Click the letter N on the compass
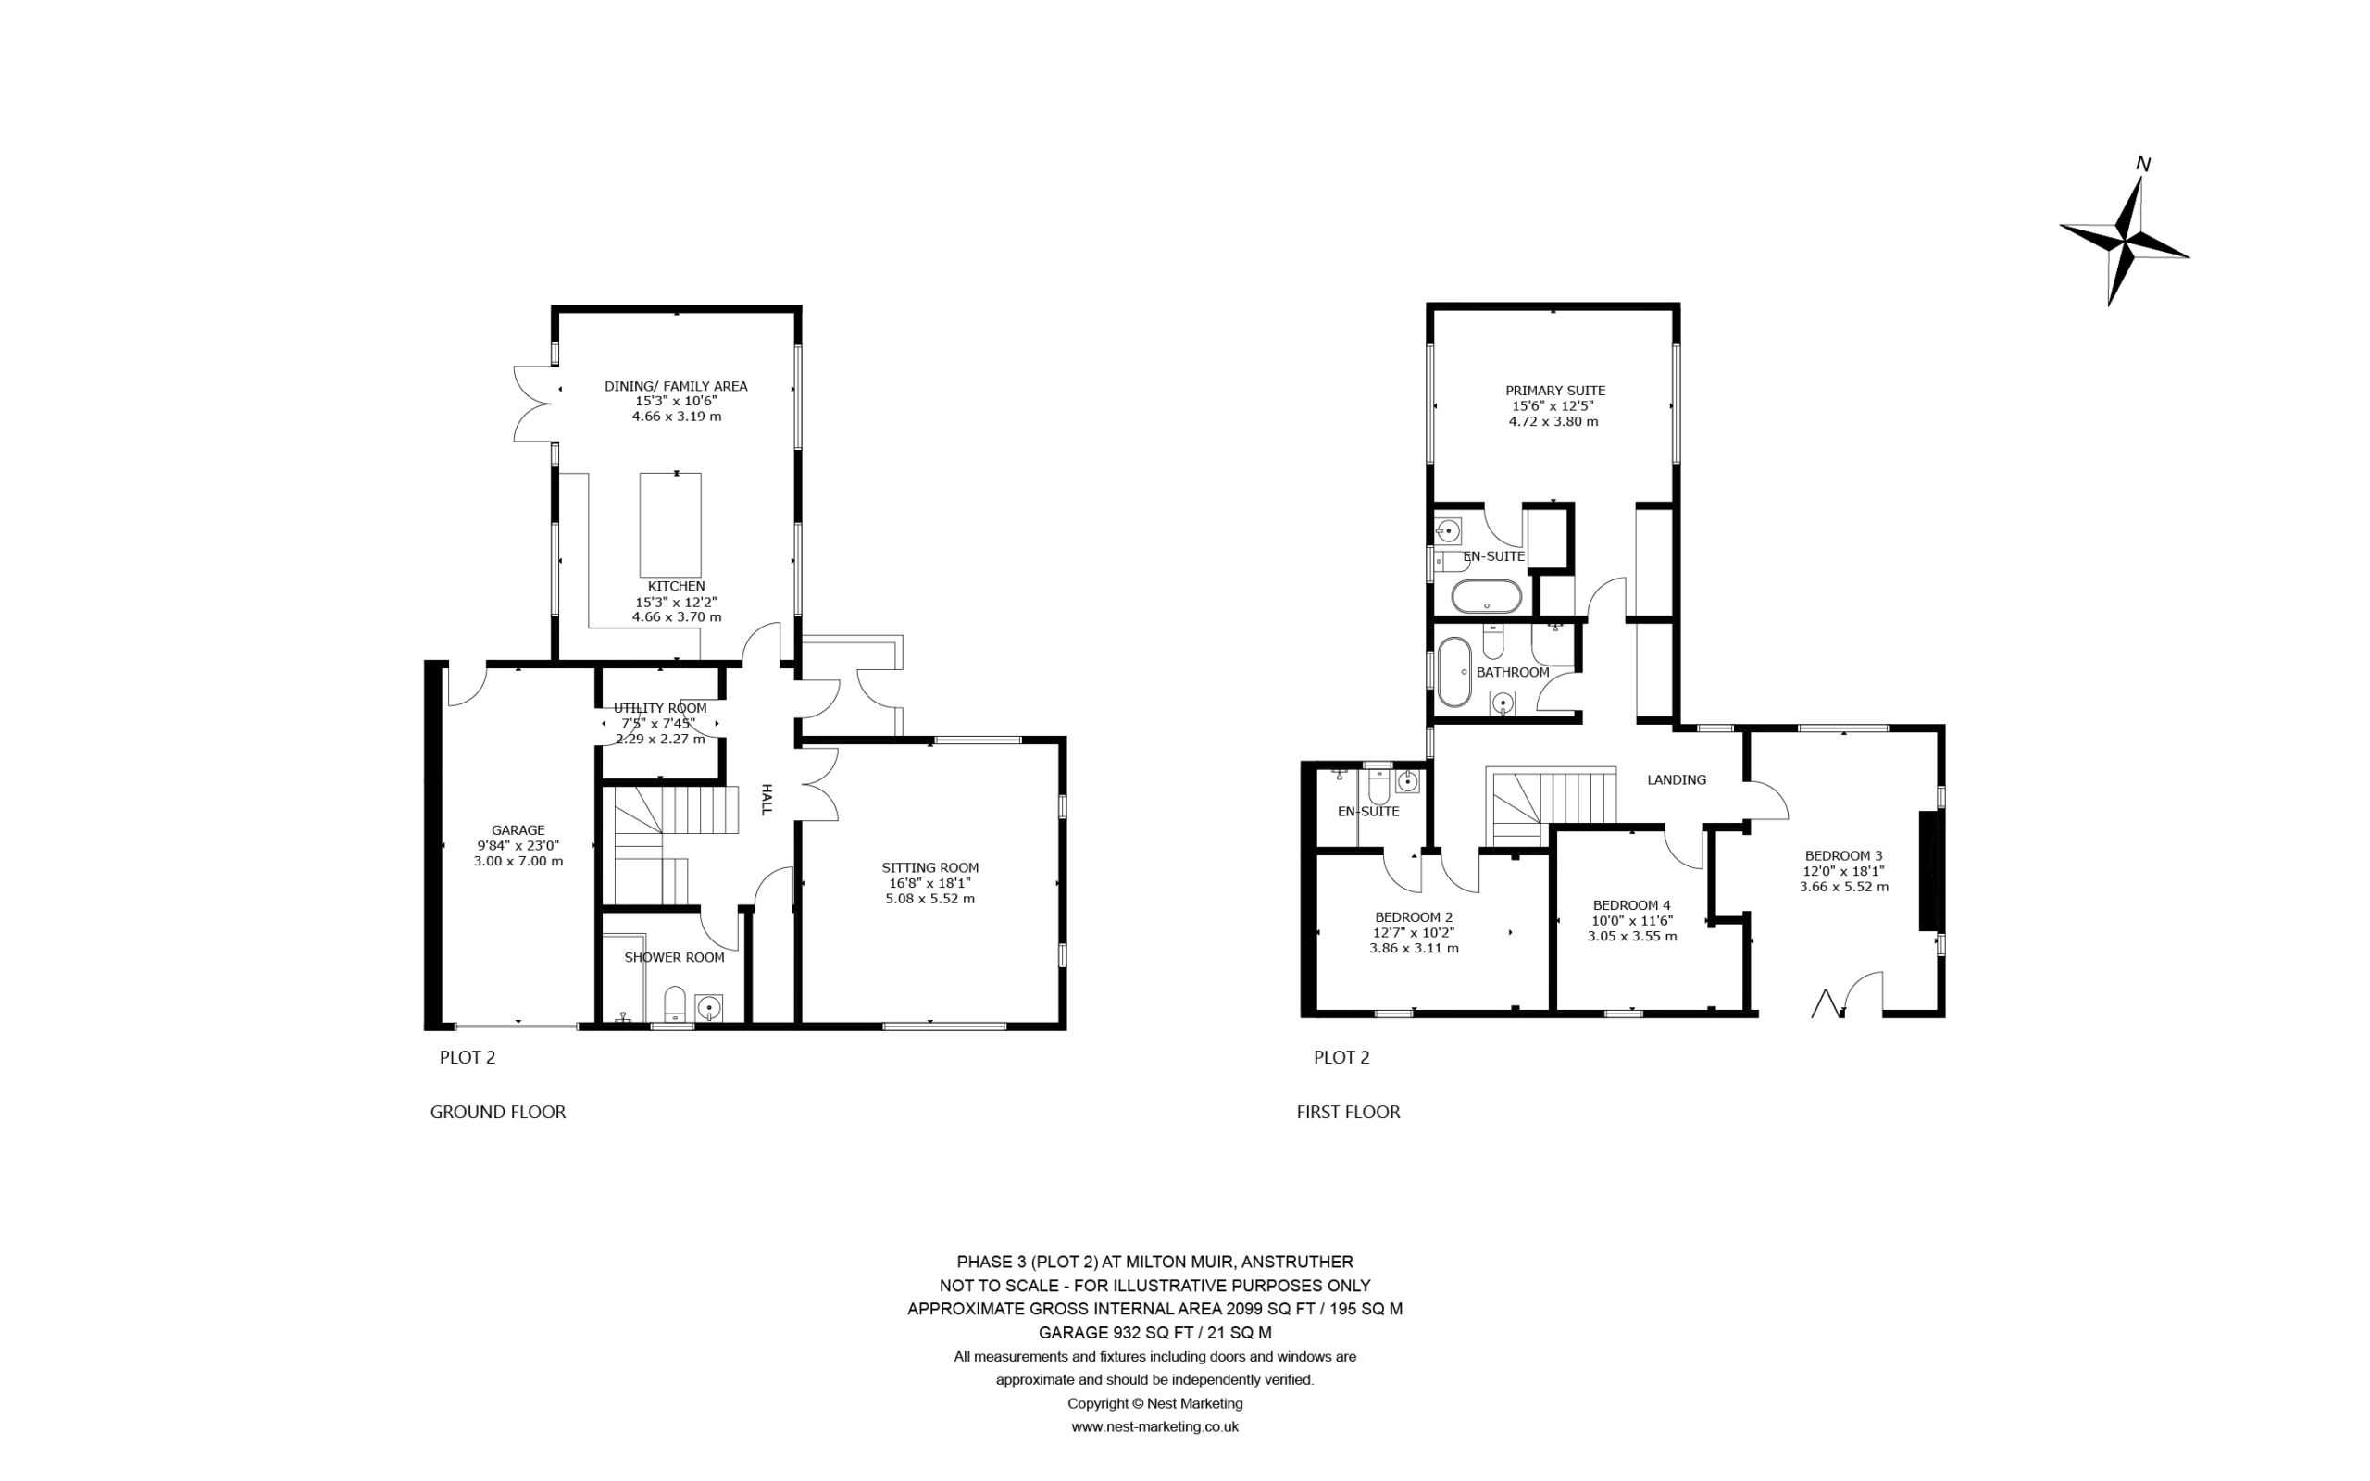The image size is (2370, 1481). pos(2142,165)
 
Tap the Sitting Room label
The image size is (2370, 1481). pos(929,867)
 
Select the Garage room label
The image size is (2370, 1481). pos(518,829)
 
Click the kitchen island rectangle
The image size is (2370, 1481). pos(670,525)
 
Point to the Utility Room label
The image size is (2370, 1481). pos(660,708)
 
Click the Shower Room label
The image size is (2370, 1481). pos(675,957)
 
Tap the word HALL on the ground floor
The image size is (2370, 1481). pos(767,799)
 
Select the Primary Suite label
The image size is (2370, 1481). pos(1555,390)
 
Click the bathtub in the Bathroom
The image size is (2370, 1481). pos(1454,672)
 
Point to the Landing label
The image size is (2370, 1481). pos(1677,779)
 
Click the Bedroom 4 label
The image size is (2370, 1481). pos(1631,905)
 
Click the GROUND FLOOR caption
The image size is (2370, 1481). pos(497,1112)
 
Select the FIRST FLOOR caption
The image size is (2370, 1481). pos(1348,1112)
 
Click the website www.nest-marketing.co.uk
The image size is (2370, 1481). pos(1154,1426)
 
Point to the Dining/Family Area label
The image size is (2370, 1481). pos(676,386)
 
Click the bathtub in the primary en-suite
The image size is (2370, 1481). pos(1486,596)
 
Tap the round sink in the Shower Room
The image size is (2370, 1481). pos(708,1007)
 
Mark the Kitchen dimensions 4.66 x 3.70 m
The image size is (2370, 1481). pos(677,617)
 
